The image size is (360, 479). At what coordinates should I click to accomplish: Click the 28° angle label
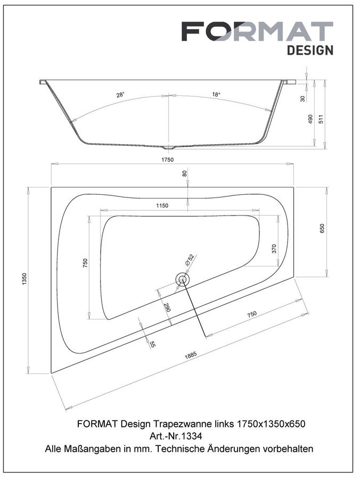pyautogui.click(x=120, y=95)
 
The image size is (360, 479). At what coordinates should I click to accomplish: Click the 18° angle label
pyautogui.click(x=216, y=94)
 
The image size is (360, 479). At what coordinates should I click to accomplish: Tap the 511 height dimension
pyautogui.click(x=321, y=119)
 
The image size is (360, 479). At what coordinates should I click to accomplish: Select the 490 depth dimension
pyautogui.click(x=310, y=119)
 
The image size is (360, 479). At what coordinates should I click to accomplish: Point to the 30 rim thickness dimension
pyautogui.click(x=303, y=98)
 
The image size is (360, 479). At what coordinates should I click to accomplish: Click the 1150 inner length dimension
pyautogui.click(x=162, y=205)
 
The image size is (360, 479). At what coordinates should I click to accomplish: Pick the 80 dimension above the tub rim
pyautogui.click(x=185, y=173)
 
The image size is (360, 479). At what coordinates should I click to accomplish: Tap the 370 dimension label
pyautogui.click(x=274, y=249)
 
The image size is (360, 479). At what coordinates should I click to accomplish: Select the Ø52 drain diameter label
pyautogui.click(x=190, y=259)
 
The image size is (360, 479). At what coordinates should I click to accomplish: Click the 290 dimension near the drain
pyautogui.click(x=167, y=307)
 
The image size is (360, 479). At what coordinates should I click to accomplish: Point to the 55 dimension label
pyautogui.click(x=152, y=344)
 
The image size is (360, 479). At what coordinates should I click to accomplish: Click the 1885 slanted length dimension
pyautogui.click(x=191, y=356)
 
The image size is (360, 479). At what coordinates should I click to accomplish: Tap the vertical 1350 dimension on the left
pyautogui.click(x=24, y=279)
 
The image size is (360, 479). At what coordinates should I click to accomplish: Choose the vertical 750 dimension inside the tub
pyautogui.click(x=85, y=263)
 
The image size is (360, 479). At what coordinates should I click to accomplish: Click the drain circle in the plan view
pyautogui.click(x=183, y=279)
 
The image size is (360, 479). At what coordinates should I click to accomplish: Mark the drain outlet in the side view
pyautogui.click(x=168, y=147)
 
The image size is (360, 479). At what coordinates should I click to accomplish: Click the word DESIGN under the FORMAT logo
pyautogui.click(x=310, y=51)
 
